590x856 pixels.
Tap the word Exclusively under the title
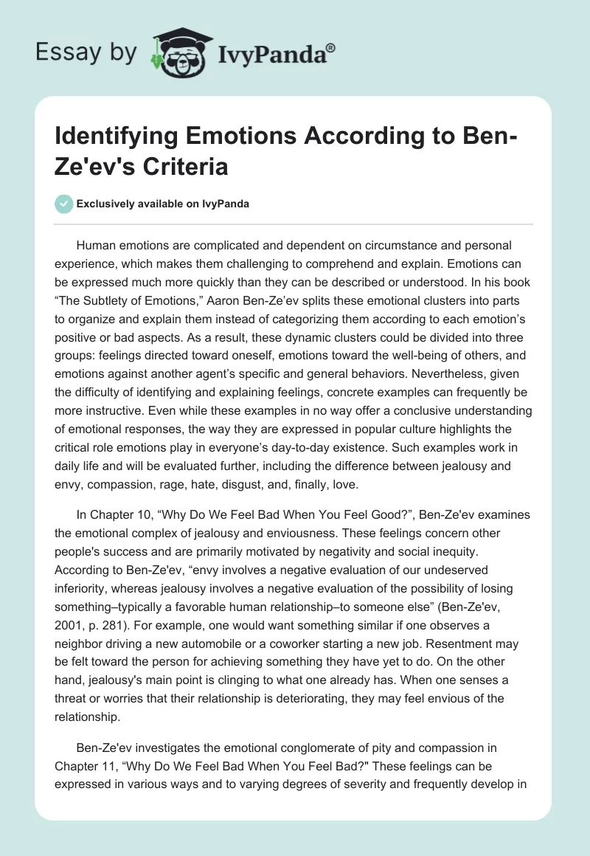[x=103, y=204]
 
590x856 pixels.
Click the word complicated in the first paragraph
[x=222, y=245]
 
